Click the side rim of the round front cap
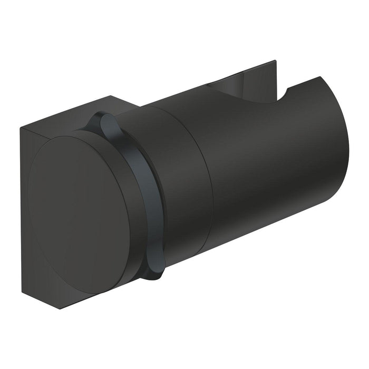[127, 211]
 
